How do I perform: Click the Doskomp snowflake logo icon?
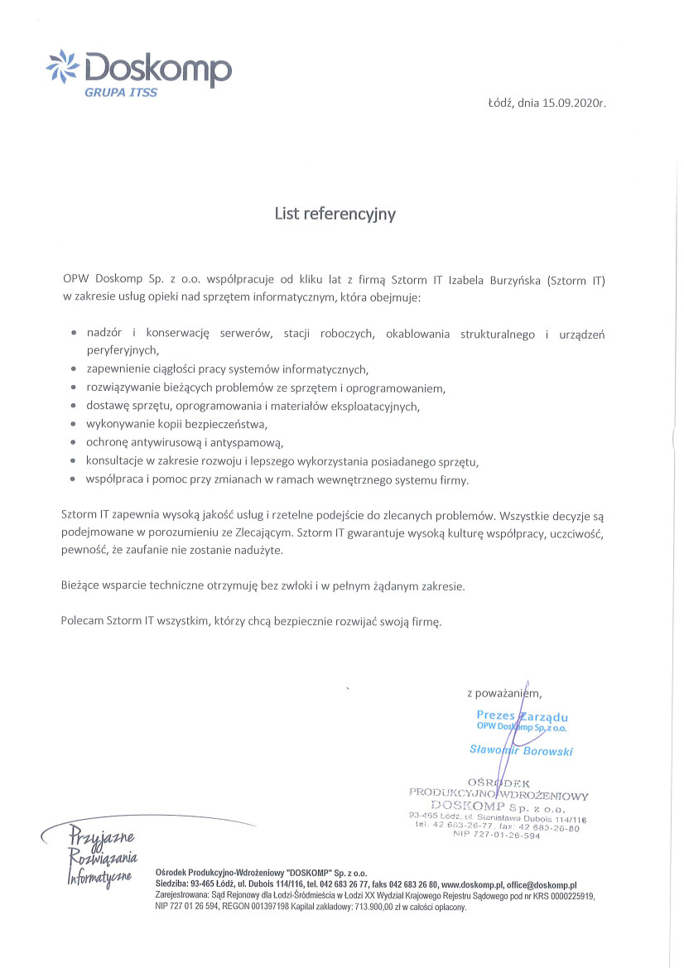(63, 66)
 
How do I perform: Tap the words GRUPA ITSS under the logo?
(120, 93)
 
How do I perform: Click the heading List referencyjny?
(335, 214)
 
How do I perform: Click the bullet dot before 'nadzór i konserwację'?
(75, 334)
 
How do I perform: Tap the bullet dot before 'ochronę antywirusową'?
(75, 443)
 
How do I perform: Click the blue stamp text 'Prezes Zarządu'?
(522, 715)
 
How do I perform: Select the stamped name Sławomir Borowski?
(521, 751)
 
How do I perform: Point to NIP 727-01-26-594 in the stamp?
(497, 836)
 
